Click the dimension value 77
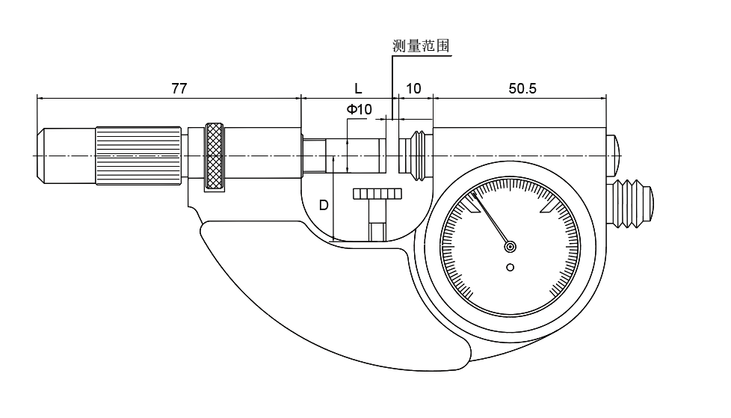179,88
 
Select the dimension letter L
359,88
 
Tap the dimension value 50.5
522,88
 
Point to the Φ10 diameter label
360,110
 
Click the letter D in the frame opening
324,205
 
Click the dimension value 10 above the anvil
413,88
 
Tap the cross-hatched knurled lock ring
216,156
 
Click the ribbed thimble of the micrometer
138,155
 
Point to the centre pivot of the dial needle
511,246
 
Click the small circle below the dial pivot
511,267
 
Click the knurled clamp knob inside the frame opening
377,195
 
